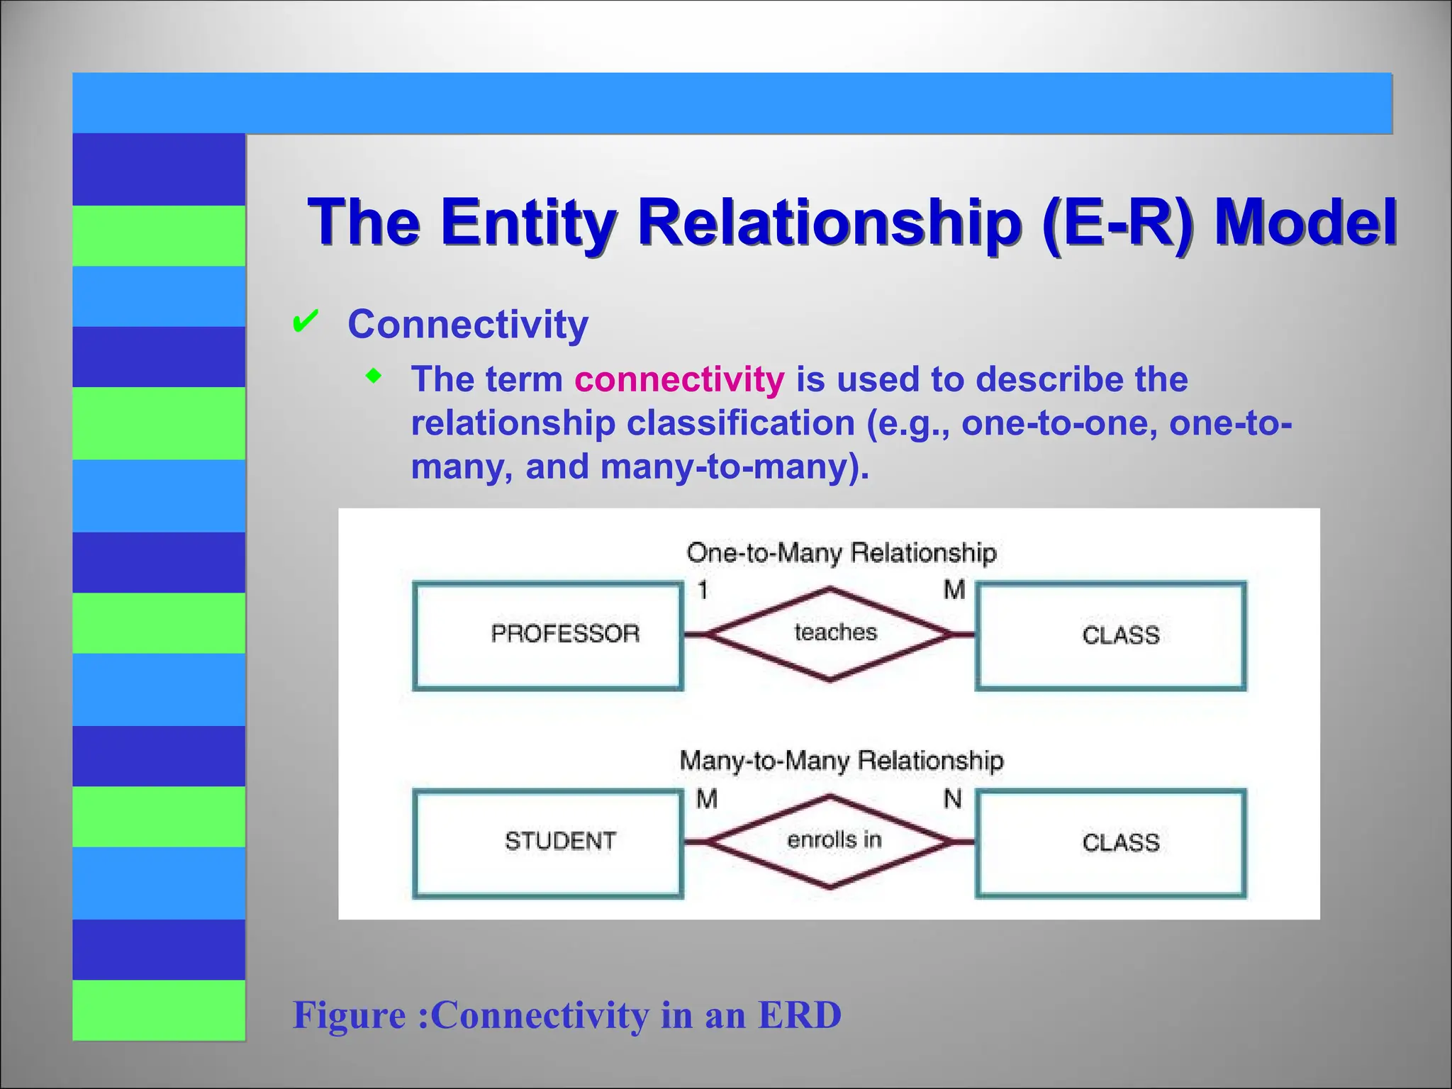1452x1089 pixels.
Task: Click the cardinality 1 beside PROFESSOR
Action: [x=703, y=590]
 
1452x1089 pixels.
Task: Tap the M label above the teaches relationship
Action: [x=954, y=590]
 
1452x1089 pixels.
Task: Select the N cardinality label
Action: [x=952, y=799]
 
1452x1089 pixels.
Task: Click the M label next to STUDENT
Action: [x=707, y=799]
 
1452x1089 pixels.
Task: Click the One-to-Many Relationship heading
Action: [x=841, y=552]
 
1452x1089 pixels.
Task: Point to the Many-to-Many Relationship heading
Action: [x=841, y=761]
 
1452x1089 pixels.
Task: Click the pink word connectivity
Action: [x=679, y=379]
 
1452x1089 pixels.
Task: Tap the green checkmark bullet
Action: [x=305, y=323]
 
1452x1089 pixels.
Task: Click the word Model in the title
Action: [x=1305, y=221]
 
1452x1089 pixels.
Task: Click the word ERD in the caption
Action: [x=799, y=1015]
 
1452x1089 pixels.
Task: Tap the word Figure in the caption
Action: [x=350, y=1015]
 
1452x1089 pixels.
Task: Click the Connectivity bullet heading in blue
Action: [x=468, y=325]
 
